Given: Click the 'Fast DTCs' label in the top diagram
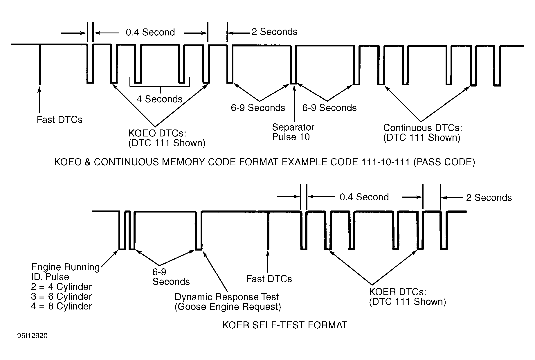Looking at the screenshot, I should [x=60, y=120].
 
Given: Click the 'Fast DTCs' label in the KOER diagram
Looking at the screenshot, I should [x=269, y=279].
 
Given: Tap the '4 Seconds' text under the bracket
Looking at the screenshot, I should [x=159, y=99].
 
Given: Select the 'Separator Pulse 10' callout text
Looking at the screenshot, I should [x=293, y=132].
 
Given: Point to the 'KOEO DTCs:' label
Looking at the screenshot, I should [x=157, y=133].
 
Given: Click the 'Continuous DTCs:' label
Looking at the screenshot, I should [x=422, y=128].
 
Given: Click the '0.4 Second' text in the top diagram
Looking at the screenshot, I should [x=150, y=32].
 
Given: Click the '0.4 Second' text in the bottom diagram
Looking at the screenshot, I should [x=364, y=197].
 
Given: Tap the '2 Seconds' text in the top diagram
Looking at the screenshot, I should [x=274, y=32].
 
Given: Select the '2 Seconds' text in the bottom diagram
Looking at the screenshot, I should [x=489, y=198].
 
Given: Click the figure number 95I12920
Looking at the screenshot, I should [x=33, y=336].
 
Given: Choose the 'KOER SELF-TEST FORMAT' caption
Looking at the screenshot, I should [x=284, y=325].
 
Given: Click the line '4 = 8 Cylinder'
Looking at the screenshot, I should [x=62, y=306].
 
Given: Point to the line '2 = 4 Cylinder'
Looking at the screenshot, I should [x=62, y=287].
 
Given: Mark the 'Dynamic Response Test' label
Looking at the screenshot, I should [x=226, y=297].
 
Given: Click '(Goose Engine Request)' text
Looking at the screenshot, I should [x=228, y=307].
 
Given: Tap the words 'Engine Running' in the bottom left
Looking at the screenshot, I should [x=65, y=267].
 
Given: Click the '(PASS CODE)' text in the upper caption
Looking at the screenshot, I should [x=444, y=162].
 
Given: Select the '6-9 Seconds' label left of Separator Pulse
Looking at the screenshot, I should [x=258, y=108].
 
